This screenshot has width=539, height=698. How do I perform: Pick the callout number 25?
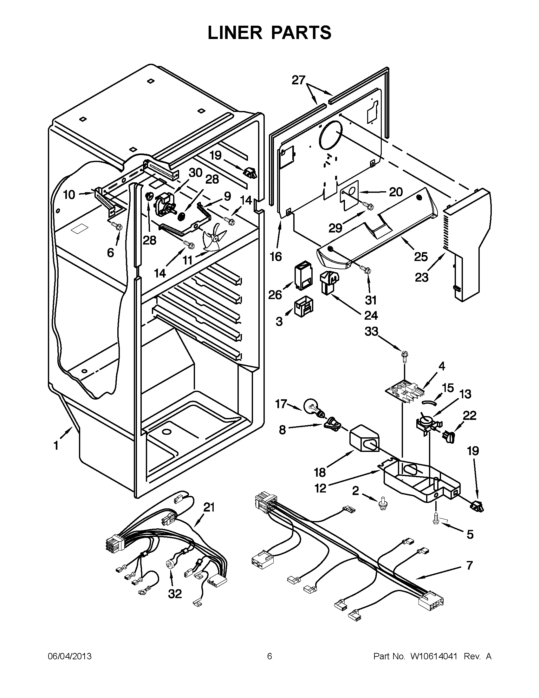(420, 257)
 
